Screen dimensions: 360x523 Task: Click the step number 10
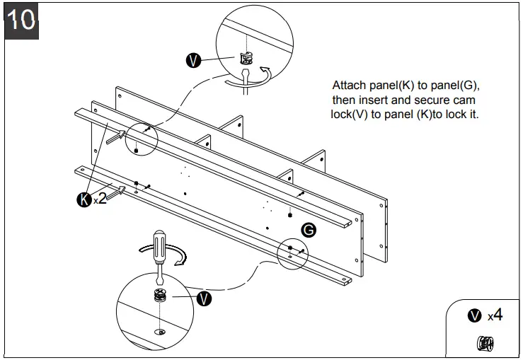point(22,20)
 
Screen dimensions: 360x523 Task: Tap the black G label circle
point(308,229)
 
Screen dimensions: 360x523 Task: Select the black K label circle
point(84,199)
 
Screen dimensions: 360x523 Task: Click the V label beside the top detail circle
point(192,60)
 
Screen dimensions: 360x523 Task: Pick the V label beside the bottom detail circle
point(204,298)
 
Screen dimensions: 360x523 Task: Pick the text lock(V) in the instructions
point(352,114)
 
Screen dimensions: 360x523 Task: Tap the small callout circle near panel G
point(293,251)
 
